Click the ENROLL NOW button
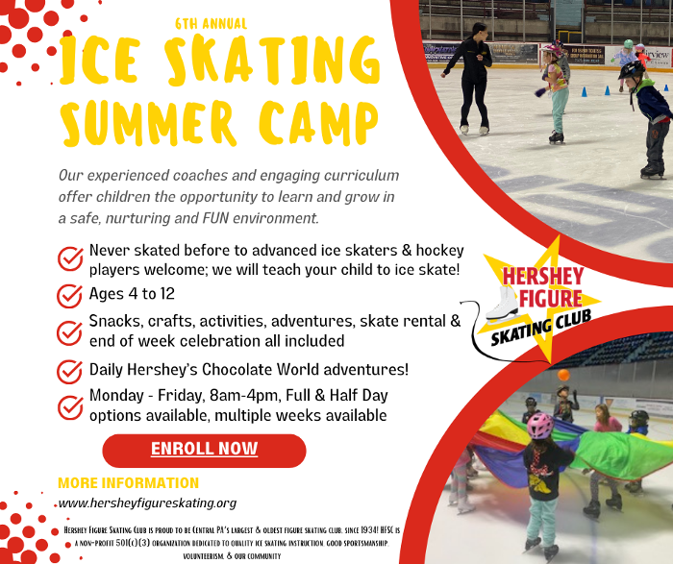204,450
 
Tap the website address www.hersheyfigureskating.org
147,503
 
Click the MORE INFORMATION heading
128,483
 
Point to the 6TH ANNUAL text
211,22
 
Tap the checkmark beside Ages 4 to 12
70,294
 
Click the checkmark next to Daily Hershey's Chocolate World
70,371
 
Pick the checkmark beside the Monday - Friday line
70,407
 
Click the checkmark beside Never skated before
70,258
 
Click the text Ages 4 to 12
132,293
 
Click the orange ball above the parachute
563,375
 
